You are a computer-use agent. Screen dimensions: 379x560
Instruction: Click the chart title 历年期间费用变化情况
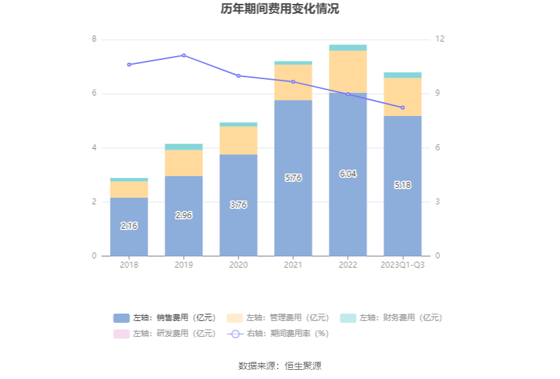pyautogui.click(x=280, y=9)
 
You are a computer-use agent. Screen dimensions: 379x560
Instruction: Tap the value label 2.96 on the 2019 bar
pyautogui.click(x=184, y=215)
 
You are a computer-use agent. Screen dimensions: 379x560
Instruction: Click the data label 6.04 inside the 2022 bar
pyautogui.click(x=348, y=174)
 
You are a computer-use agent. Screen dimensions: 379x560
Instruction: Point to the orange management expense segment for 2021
pyautogui.click(x=293, y=82)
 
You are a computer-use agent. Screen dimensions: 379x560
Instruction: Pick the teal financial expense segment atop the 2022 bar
pyautogui.click(x=348, y=47)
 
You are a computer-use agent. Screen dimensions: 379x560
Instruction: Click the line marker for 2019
pyautogui.click(x=184, y=55)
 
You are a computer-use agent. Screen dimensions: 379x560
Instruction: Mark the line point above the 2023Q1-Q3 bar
pyautogui.click(x=403, y=107)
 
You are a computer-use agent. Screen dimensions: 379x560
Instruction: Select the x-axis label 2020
pyautogui.click(x=238, y=265)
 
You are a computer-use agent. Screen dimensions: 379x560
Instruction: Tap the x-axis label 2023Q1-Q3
pyautogui.click(x=403, y=265)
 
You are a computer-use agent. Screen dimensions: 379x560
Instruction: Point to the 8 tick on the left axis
pyautogui.click(x=94, y=40)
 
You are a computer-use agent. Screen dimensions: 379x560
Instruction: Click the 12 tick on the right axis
pyautogui.click(x=440, y=40)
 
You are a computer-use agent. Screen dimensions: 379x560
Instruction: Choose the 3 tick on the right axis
pyautogui.click(x=438, y=202)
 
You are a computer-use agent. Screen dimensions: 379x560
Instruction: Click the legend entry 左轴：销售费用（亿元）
pyautogui.click(x=165, y=318)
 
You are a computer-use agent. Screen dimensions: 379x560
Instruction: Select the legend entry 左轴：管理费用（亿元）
pyautogui.click(x=278, y=318)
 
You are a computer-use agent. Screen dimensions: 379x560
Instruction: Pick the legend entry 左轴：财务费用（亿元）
pyautogui.click(x=391, y=318)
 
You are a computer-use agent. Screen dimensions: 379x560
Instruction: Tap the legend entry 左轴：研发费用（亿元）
pyautogui.click(x=165, y=334)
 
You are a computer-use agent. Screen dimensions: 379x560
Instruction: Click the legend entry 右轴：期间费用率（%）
pyautogui.click(x=278, y=334)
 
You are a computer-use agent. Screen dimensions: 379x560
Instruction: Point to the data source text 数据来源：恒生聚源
pyautogui.click(x=280, y=366)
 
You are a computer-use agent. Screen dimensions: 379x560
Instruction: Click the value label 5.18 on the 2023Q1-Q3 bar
pyautogui.click(x=403, y=185)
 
